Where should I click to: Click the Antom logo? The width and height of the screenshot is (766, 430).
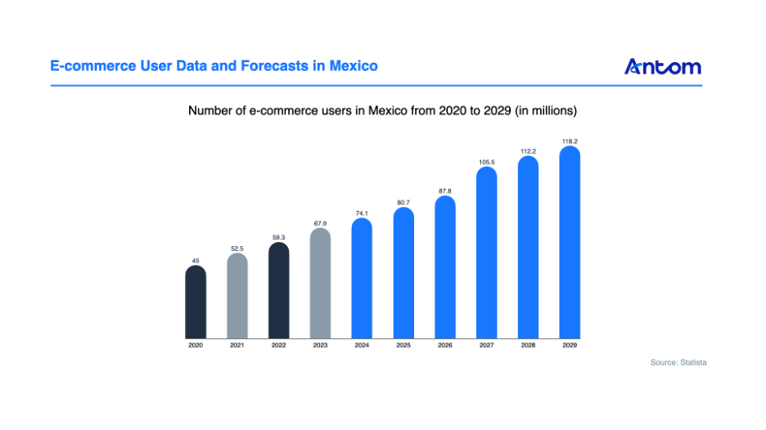pos(662,66)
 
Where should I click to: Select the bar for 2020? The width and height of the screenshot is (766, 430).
pos(196,302)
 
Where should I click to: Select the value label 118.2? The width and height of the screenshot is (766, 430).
pos(570,141)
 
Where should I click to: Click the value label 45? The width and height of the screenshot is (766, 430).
pos(196,261)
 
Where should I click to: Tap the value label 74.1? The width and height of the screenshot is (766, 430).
pos(362,213)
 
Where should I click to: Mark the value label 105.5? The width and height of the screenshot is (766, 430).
pos(487,162)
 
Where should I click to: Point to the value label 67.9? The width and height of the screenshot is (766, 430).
pos(320,223)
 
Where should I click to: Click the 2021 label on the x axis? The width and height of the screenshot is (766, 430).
pos(237,346)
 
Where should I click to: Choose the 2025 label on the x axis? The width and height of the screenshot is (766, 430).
pos(403,346)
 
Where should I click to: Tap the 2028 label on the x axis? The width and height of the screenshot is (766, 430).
pos(529,346)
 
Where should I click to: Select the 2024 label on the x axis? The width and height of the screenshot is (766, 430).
pos(362,346)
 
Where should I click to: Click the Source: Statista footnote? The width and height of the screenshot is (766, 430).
pos(678,362)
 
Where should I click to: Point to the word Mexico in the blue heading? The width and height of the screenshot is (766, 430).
pos(354,65)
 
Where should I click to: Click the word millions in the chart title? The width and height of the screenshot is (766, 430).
pos(554,110)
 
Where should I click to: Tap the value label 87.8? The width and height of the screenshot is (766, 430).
pos(445,190)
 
